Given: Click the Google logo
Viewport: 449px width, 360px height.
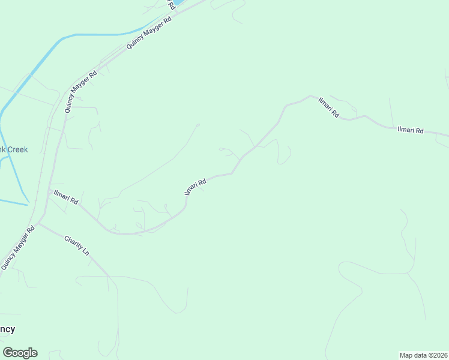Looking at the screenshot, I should (x=20, y=353).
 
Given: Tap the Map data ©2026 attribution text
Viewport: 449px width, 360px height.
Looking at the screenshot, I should (x=423, y=355).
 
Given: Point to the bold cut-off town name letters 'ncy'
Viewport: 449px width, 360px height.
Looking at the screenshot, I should (x=7, y=329).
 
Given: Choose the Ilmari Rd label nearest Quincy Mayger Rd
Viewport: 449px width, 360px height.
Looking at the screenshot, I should (x=66, y=197).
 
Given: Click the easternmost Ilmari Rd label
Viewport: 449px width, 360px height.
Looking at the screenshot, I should (x=411, y=130).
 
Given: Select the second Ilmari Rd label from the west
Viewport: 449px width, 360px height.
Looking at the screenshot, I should (x=196, y=186).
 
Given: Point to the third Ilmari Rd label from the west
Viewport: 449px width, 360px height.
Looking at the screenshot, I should (x=329, y=106).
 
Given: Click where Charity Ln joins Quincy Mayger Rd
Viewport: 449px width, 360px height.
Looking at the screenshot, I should (x=38, y=224).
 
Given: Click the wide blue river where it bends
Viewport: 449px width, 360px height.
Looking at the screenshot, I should (x=60, y=38).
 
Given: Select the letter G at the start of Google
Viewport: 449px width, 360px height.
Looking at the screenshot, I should (x=8, y=353).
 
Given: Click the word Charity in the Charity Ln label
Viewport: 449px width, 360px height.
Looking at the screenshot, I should (x=74, y=241).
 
